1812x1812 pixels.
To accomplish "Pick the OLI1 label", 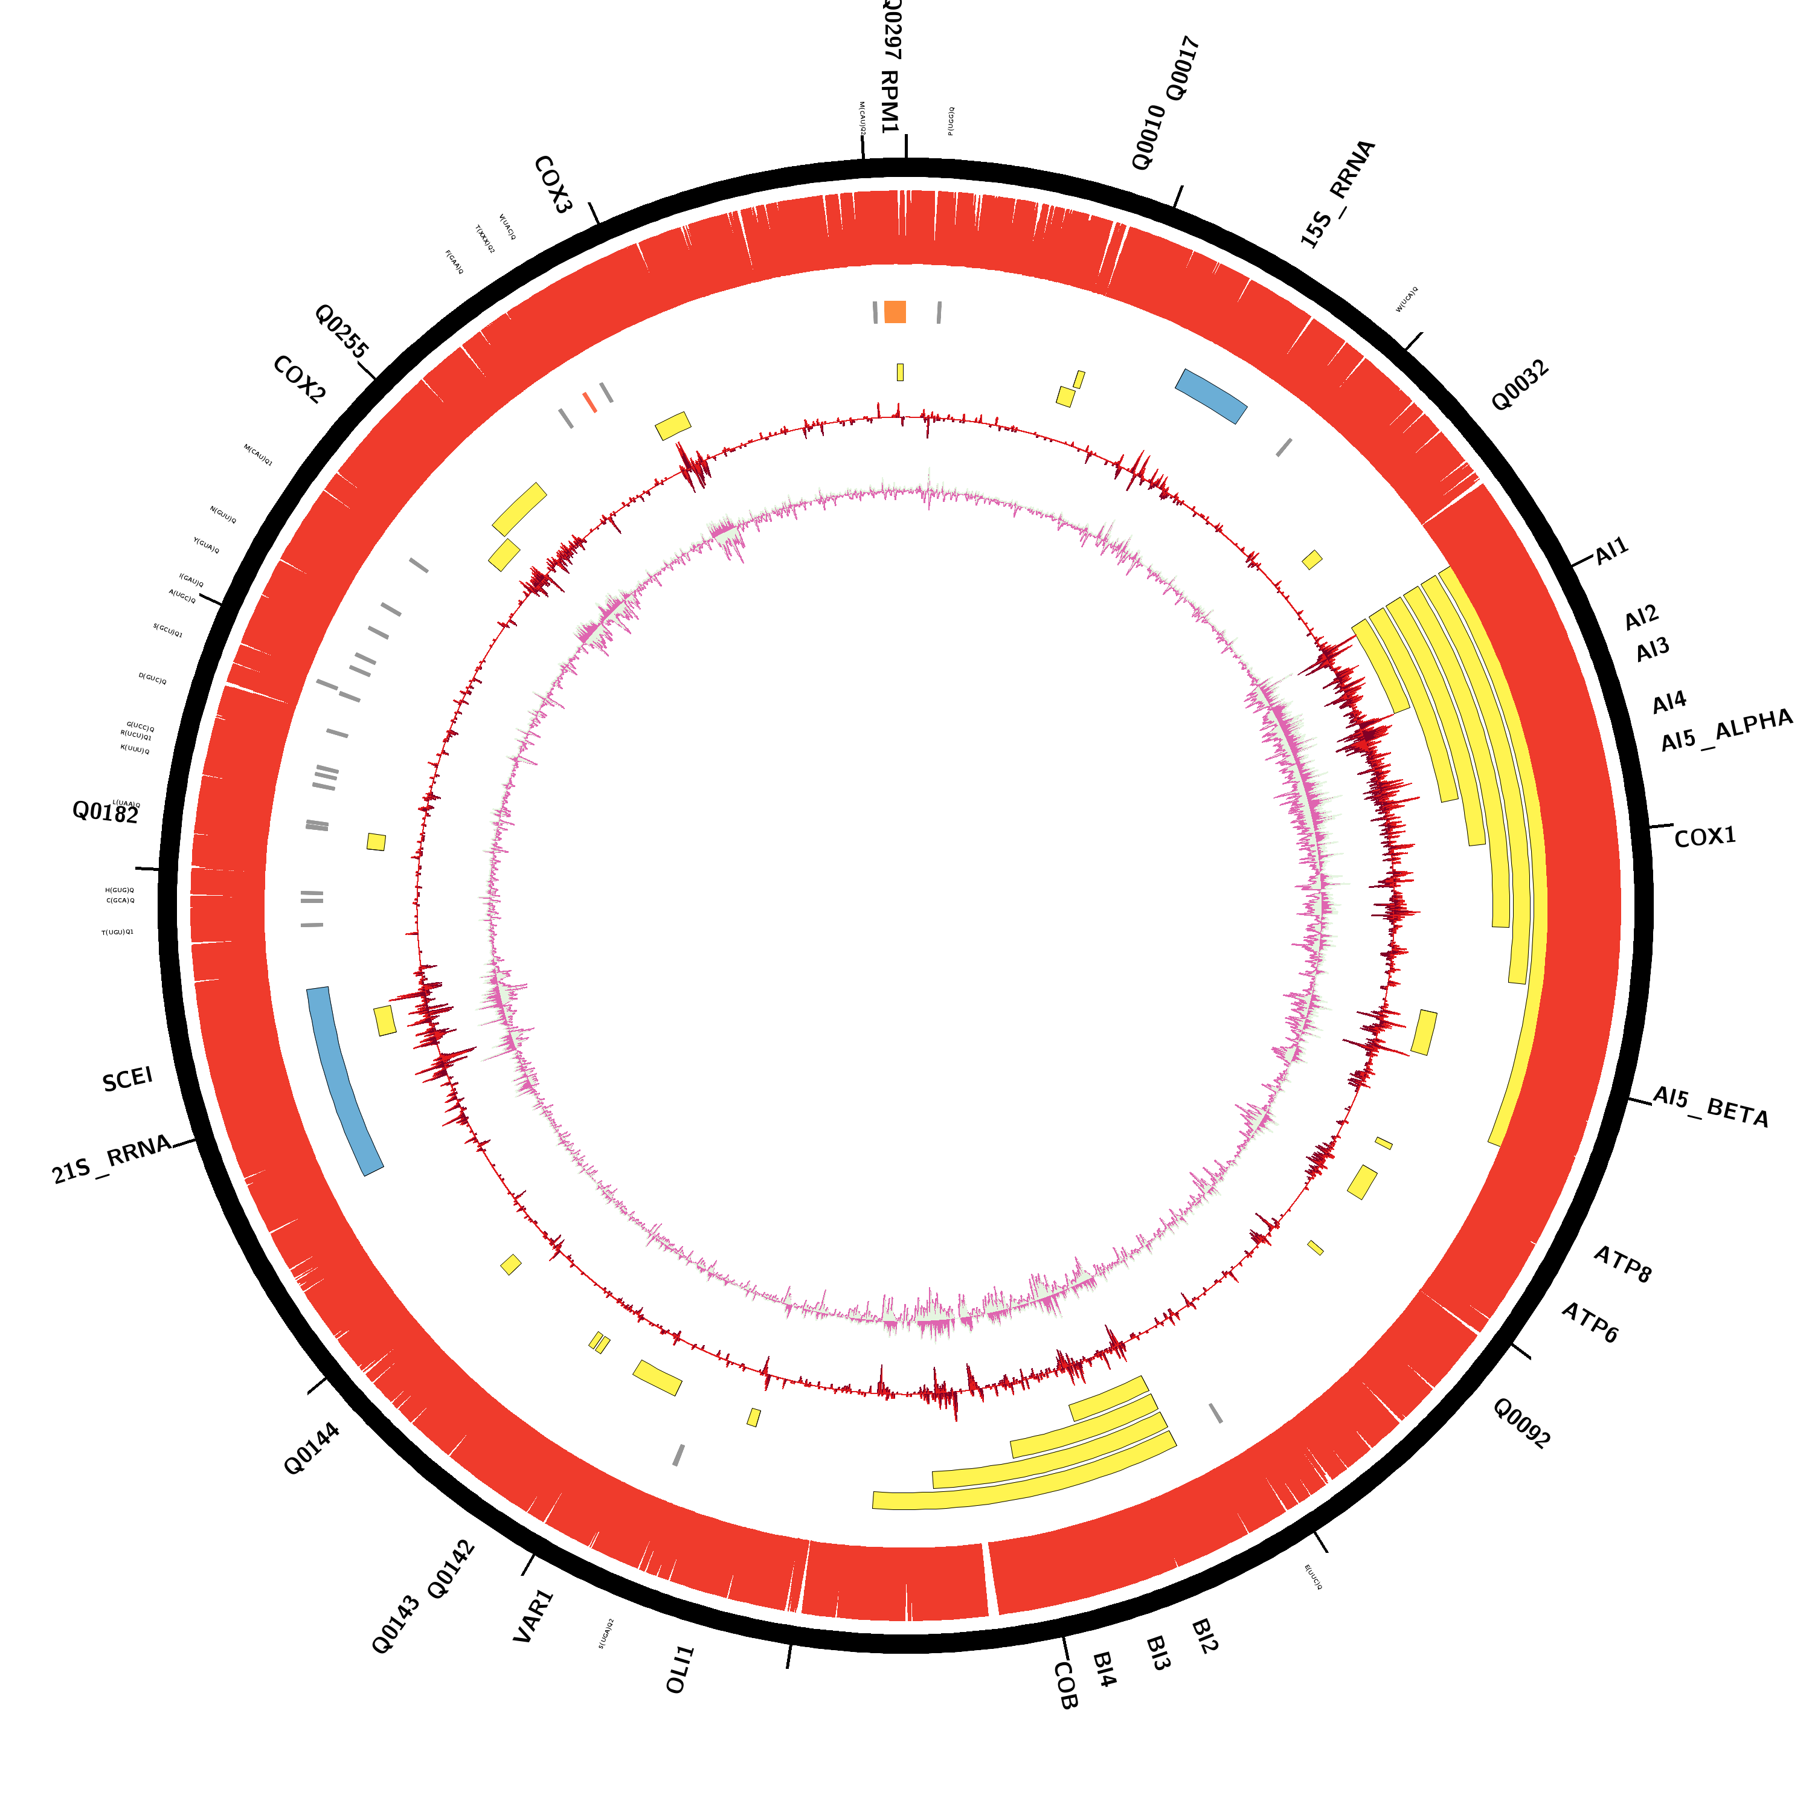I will (680, 1669).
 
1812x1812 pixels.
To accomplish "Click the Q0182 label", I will (105, 812).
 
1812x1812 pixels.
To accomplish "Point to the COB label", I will (1065, 1685).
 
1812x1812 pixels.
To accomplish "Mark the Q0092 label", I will (1521, 1423).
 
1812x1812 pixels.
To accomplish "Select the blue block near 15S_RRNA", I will (1211, 396).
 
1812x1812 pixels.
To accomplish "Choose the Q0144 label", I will (312, 1449).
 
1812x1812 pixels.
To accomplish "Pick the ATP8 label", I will (1622, 1264).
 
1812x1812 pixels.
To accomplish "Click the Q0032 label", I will (1520, 385).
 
